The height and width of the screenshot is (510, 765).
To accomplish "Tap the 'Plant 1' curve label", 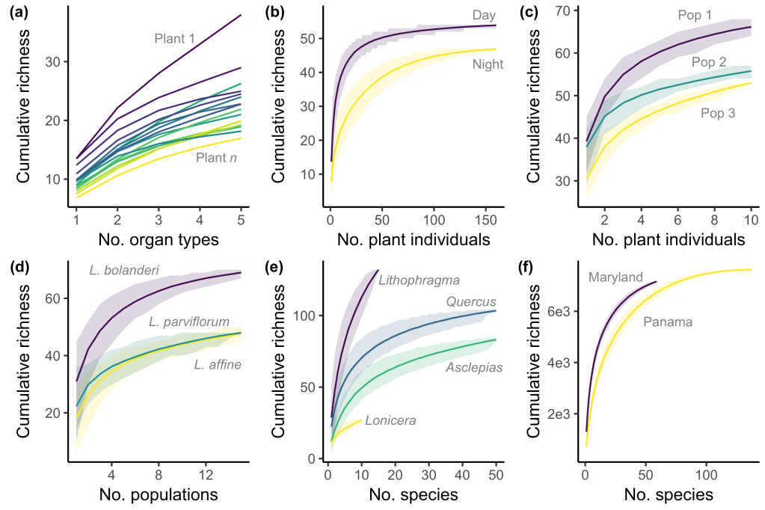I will tap(174, 38).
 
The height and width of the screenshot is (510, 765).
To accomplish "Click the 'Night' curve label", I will tap(488, 64).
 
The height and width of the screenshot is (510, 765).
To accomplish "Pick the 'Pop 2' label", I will tap(708, 62).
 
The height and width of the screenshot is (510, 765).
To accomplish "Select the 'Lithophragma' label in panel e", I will tap(419, 280).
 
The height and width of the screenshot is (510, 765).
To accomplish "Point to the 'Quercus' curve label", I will tap(471, 301).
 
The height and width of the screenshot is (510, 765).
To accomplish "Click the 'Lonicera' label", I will tap(390, 421).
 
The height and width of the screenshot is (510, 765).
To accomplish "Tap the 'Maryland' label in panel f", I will tap(615, 277).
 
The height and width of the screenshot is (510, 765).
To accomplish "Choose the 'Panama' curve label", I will tap(668, 322).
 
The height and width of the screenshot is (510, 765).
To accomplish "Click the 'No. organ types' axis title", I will tap(159, 240).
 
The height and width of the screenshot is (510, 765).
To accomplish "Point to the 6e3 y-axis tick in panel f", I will tap(565, 310).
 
